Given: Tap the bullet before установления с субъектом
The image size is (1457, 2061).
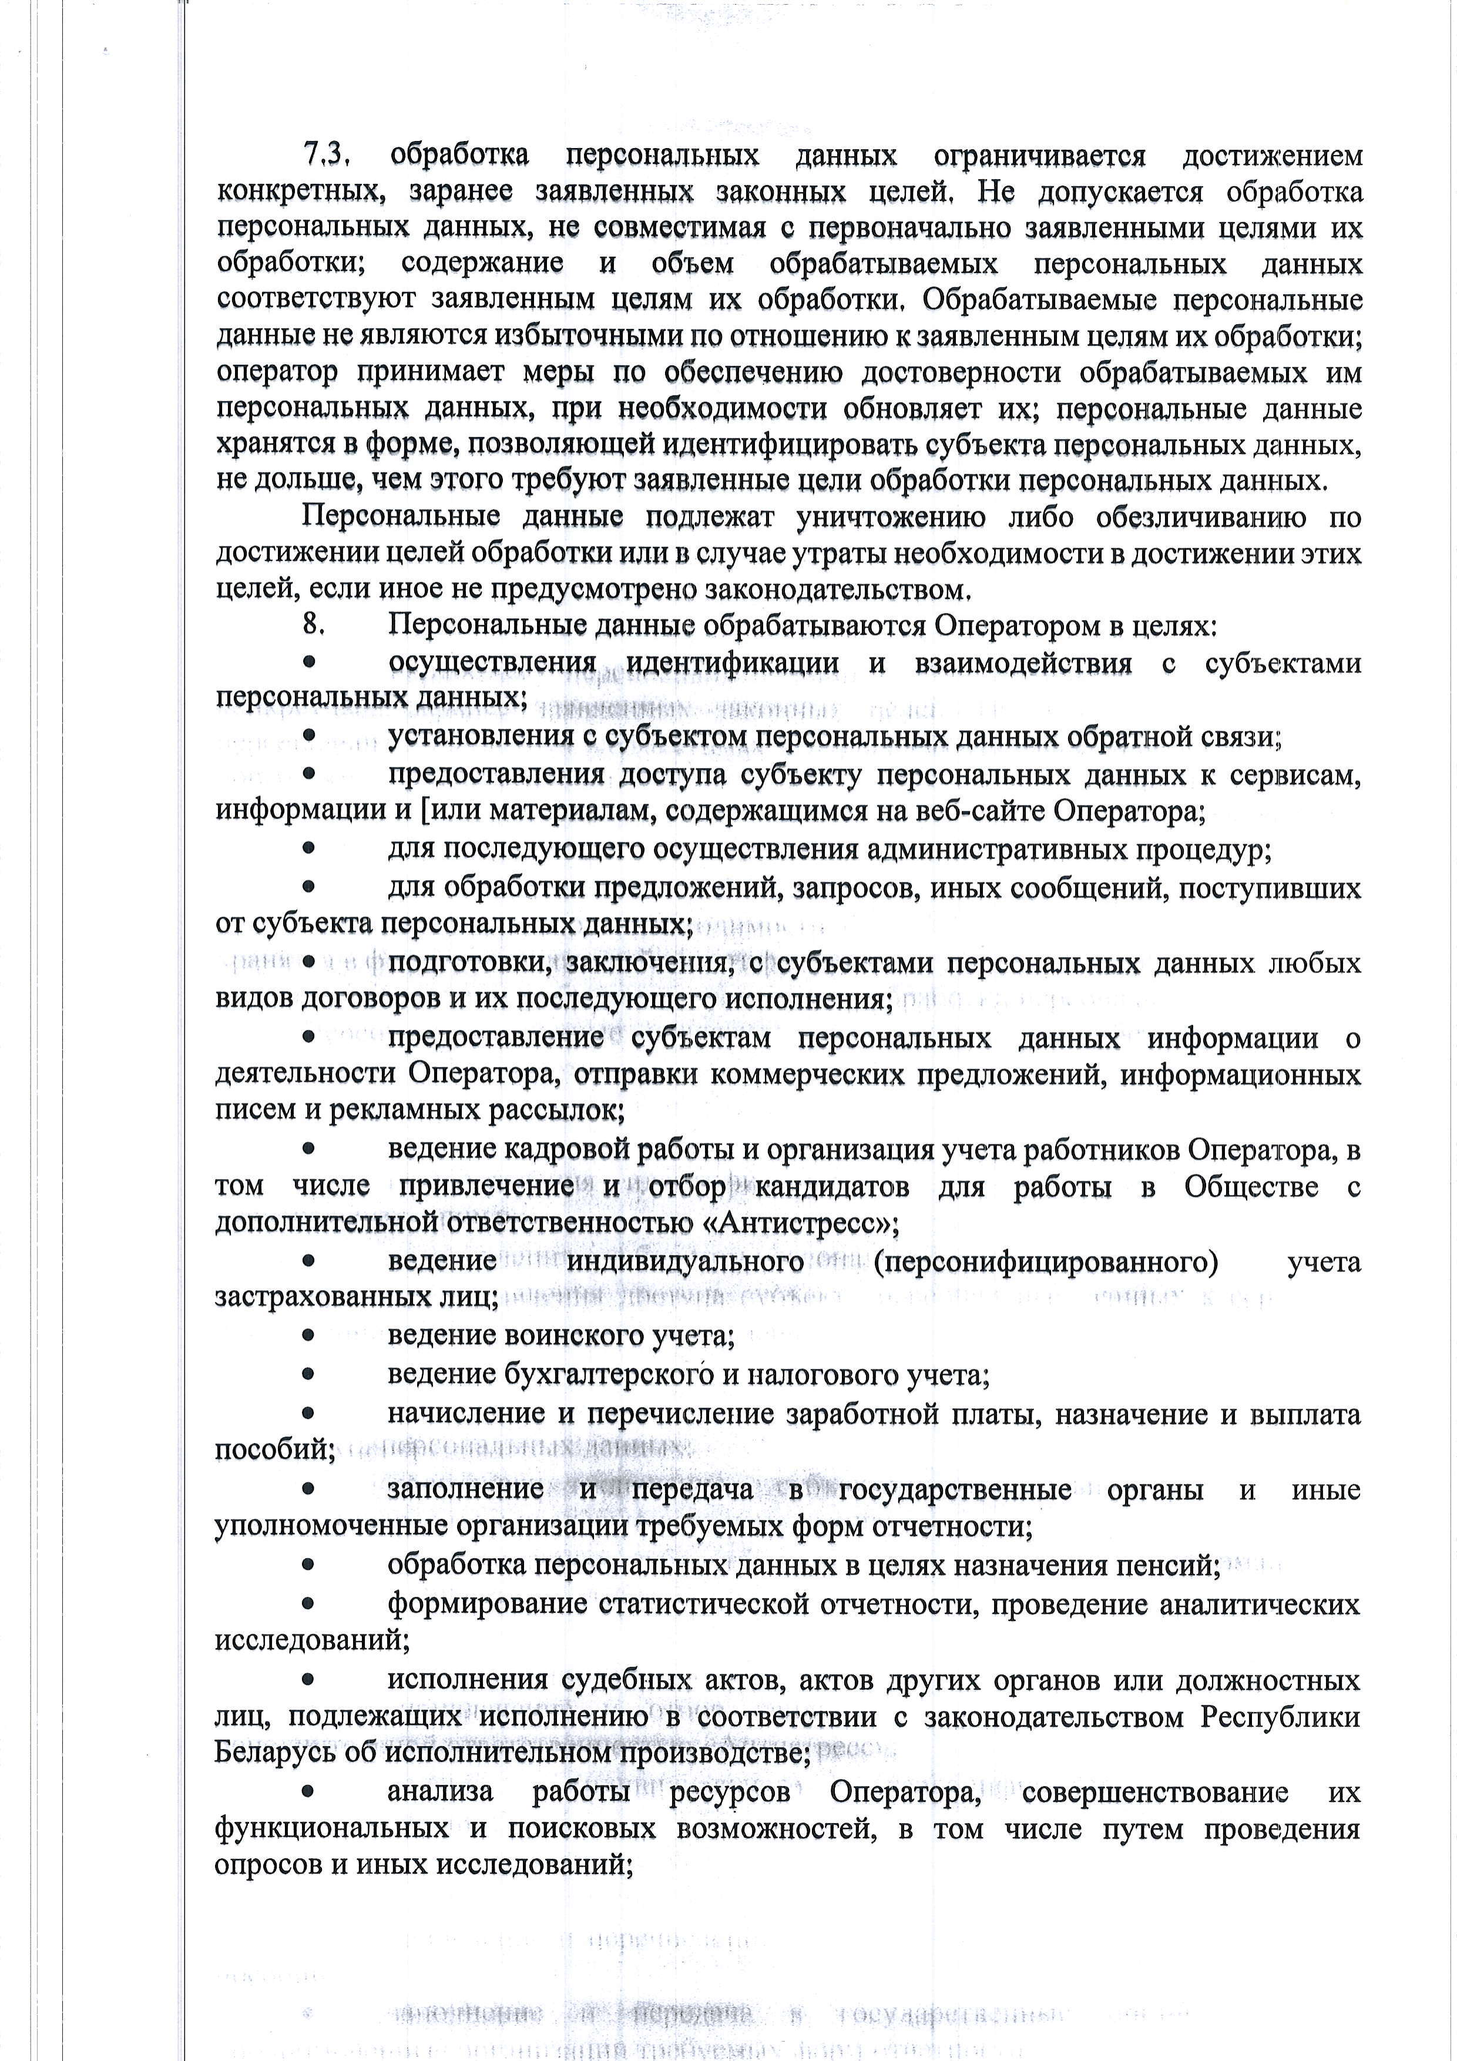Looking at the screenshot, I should point(308,736).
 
